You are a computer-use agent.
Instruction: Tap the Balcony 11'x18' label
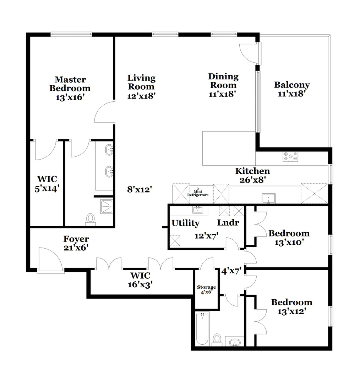(x=292, y=89)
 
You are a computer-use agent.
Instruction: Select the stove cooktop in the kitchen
(x=290, y=156)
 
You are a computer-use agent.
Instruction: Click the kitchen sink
(x=269, y=198)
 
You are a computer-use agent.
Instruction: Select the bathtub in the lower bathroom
(x=202, y=329)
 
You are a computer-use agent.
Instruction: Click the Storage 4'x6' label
(x=206, y=289)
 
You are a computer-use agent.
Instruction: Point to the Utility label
(x=185, y=223)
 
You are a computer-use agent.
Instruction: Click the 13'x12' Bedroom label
(x=291, y=307)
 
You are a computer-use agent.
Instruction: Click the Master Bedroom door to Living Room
(x=104, y=112)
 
